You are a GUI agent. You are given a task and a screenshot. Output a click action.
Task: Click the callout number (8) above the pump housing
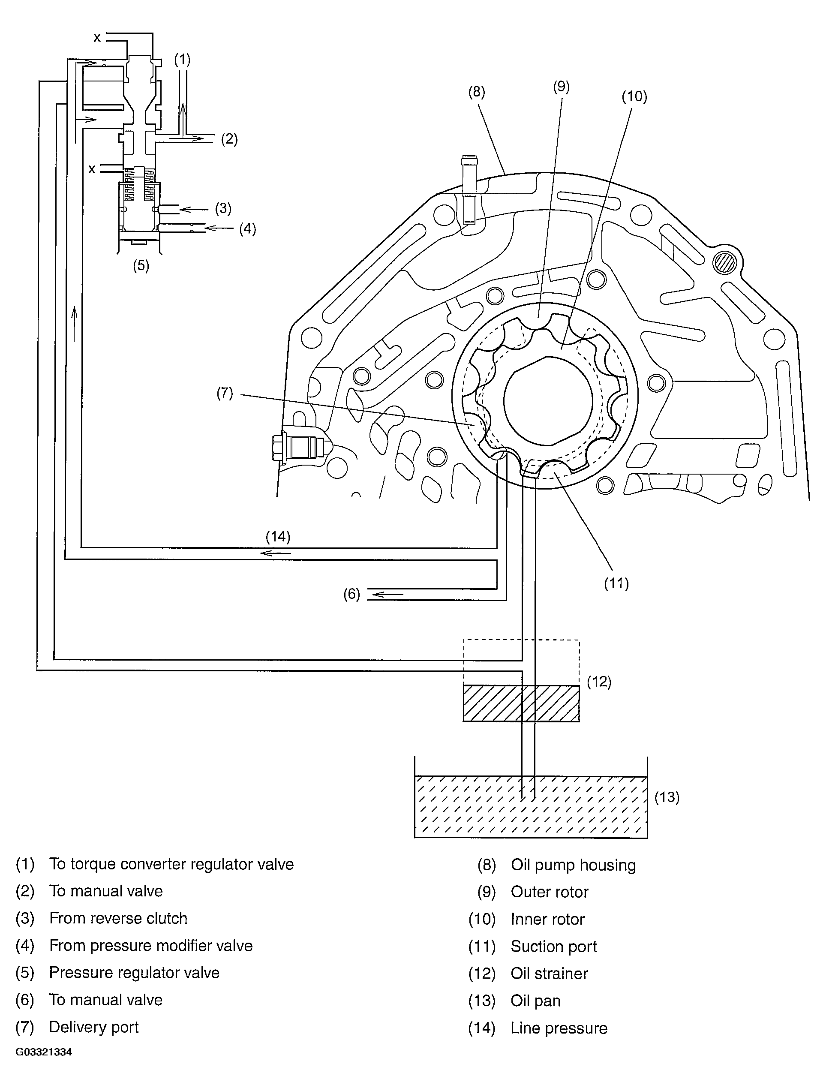coord(476,92)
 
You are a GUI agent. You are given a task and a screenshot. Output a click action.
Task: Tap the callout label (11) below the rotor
coord(616,583)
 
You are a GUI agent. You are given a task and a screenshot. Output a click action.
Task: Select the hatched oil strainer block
coord(521,703)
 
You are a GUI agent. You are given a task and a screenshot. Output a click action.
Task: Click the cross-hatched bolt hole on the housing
coord(726,262)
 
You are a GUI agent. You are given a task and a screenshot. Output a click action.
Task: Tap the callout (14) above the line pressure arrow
coord(278,537)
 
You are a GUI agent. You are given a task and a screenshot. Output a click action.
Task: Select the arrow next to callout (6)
coord(387,595)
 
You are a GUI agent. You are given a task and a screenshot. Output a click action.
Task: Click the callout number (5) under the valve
coord(141,266)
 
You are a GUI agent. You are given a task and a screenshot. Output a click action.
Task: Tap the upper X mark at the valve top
coord(97,37)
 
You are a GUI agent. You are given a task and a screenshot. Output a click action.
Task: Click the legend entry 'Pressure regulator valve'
coord(134,972)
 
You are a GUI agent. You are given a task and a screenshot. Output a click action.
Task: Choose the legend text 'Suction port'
coord(553,946)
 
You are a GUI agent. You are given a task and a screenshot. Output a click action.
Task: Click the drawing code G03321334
coord(44,1052)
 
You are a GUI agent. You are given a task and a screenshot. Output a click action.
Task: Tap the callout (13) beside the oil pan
coord(666,797)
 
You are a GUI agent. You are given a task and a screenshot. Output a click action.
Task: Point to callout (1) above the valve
coord(182,60)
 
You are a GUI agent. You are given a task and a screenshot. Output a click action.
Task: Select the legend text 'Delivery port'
coord(93,1027)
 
